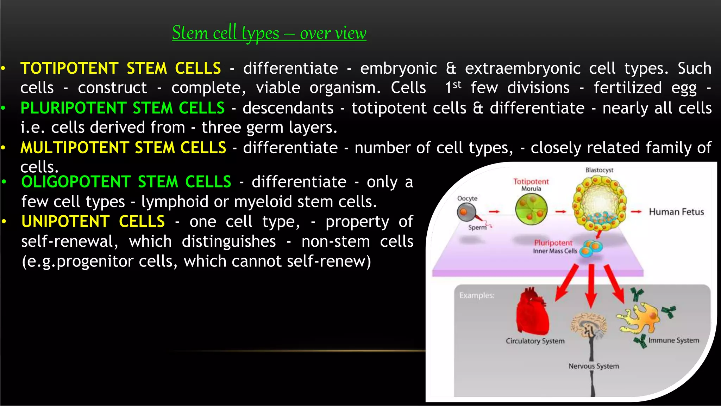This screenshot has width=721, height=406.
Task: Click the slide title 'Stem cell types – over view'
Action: click(269, 33)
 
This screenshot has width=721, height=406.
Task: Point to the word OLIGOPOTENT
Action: click(76, 182)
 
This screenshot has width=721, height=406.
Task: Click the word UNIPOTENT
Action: click(65, 222)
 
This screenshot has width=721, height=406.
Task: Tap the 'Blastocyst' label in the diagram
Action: click(599, 170)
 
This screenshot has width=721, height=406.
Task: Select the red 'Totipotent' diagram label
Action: click(531, 182)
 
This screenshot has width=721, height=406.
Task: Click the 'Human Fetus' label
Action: click(676, 212)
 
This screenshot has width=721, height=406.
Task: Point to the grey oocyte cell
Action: click(466, 212)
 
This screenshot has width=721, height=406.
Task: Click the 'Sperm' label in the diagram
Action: click(477, 228)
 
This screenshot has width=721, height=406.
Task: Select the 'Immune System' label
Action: click(673, 340)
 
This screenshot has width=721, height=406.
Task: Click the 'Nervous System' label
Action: click(594, 366)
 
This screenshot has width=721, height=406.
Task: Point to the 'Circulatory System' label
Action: click(535, 341)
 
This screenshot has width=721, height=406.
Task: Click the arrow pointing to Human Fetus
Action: click(636, 212)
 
